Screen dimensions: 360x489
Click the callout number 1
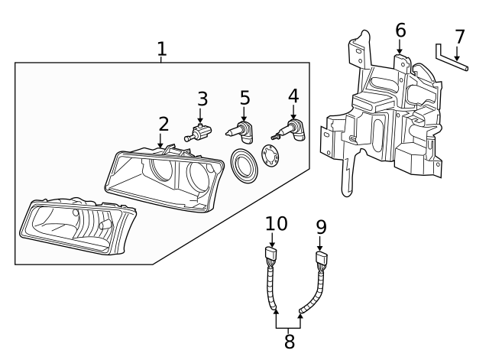[161, 50]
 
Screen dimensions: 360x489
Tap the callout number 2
[164, 124]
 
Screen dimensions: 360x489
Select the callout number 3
[202, 99]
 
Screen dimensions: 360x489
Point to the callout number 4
[293, 98]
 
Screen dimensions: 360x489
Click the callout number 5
[244, 98]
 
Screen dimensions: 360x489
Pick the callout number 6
[400, 31]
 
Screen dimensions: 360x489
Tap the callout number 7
[459, 37]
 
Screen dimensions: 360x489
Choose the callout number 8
[289, 341]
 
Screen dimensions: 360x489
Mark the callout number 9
[321, 227]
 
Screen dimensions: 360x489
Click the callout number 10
[277, 224]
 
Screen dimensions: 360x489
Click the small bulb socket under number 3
[198, 136]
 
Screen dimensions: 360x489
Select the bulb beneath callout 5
[241, 131]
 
